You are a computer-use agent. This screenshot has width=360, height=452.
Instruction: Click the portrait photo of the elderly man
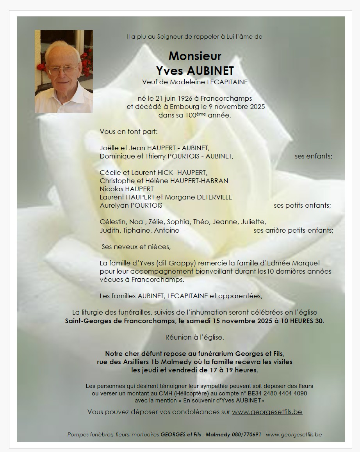coord(64,71)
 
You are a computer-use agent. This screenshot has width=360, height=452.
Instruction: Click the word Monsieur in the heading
coord(195,56)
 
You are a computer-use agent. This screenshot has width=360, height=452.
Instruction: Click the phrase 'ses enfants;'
coord(314,157)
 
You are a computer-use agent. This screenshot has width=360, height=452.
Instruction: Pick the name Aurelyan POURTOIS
coord(131,205)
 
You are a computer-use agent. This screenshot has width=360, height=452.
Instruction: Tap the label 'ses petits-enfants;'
coord(302,205)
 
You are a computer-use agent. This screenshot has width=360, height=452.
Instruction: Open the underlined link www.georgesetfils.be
coord(267,412)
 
